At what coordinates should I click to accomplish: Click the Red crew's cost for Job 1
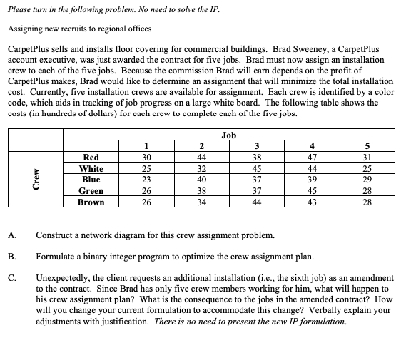click(146, 157)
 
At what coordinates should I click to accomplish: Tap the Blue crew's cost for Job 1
click(146, 180)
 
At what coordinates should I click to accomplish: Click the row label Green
click(91, 191)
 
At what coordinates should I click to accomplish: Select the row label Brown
click(91, 202)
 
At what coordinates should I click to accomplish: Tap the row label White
click(91, 168)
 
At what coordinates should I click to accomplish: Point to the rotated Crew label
click(28, 180)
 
